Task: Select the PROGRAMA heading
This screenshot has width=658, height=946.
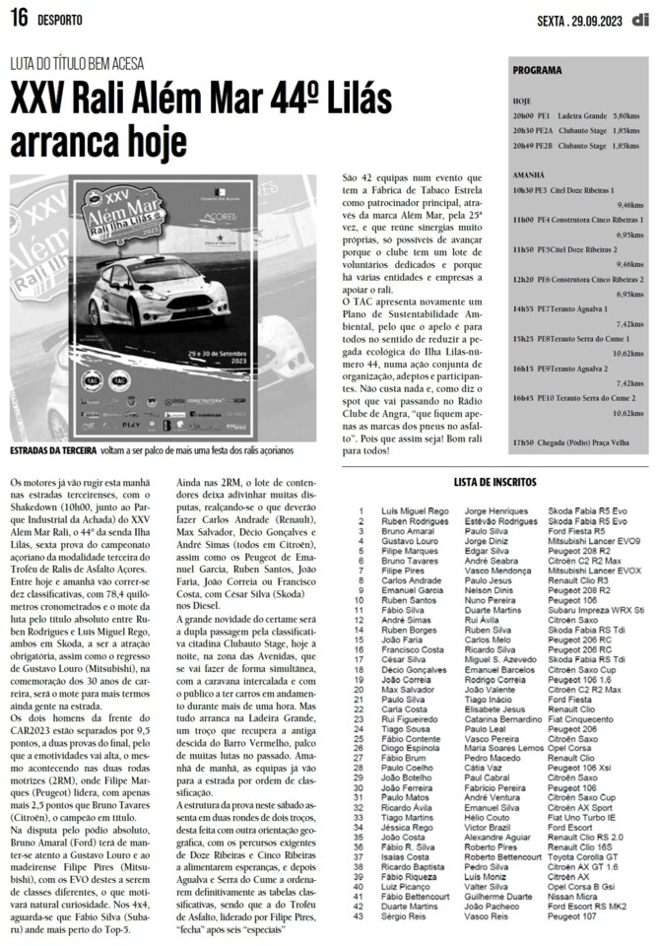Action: tap(537, 71)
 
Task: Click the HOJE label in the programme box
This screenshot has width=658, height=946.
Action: tap(522, 101)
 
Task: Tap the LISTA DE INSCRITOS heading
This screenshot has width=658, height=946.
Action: tap(494, 482)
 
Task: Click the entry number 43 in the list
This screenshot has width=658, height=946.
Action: tap(362, 915)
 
